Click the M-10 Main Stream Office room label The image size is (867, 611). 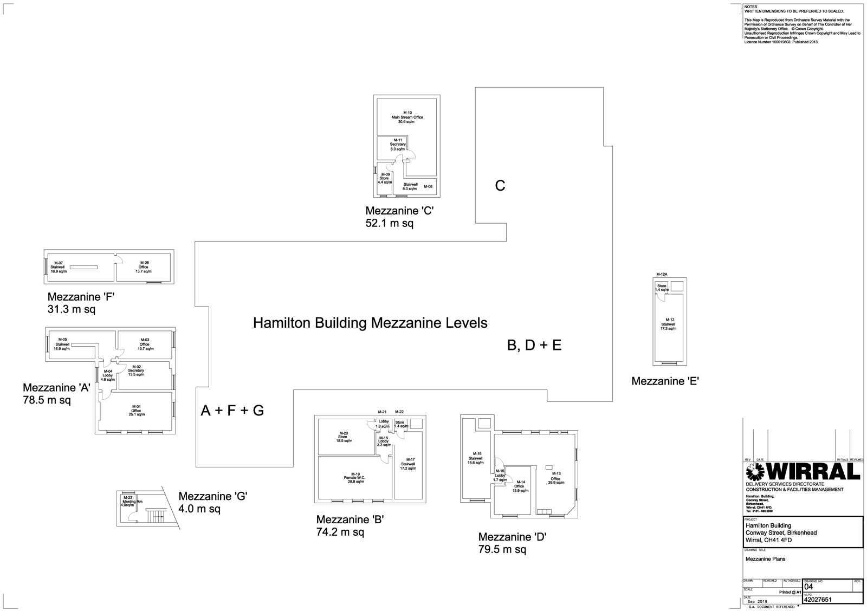(407, 117)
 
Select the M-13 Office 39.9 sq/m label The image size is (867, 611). (555, 478)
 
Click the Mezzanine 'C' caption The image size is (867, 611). (399, 211)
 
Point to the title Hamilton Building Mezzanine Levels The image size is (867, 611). (370, 323)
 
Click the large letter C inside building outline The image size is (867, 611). (500, 186)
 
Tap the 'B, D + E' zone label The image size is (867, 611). (534, 346)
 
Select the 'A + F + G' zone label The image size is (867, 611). (232, 411)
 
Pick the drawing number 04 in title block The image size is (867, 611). (808, 587)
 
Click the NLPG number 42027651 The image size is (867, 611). (817, 600)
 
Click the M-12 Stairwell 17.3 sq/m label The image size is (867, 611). (669, 324)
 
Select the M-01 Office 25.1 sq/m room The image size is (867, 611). (135, 411)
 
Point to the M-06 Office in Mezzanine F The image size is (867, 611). (143, 267)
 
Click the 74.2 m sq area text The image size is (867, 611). (340, 532)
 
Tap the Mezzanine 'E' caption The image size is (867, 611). (665, 381)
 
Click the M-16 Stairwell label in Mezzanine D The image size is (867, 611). (476, 458)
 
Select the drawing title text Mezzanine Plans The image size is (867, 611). (765, 559)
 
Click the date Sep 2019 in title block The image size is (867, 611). (758, 602)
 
